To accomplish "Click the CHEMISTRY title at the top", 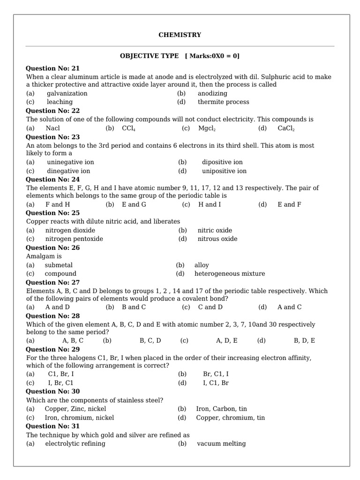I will tap(180, 35).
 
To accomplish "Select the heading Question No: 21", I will tap(52, 68).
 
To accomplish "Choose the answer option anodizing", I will tap(212, 93).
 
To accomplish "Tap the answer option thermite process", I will tap(223, 102).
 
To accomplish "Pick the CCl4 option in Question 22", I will tap(128, 128).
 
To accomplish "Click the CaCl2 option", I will tap(286, 128).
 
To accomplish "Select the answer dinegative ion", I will tap(68, 171).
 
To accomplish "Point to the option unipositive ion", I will tap(224, 171).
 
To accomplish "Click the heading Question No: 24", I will tap(52, 180).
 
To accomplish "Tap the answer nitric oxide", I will tap(215, 230).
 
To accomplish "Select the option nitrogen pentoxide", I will tap(74, 239).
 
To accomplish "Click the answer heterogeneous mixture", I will tap(230, 274).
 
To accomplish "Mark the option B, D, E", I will tap(304, 341).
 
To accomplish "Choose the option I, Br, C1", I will tap(61, 383).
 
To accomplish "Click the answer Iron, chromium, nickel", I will tap(79, 418).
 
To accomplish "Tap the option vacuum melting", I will tap(221, 443).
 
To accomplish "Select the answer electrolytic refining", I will tap(75, 443).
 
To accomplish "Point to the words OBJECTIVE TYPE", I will tap(149, 56).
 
